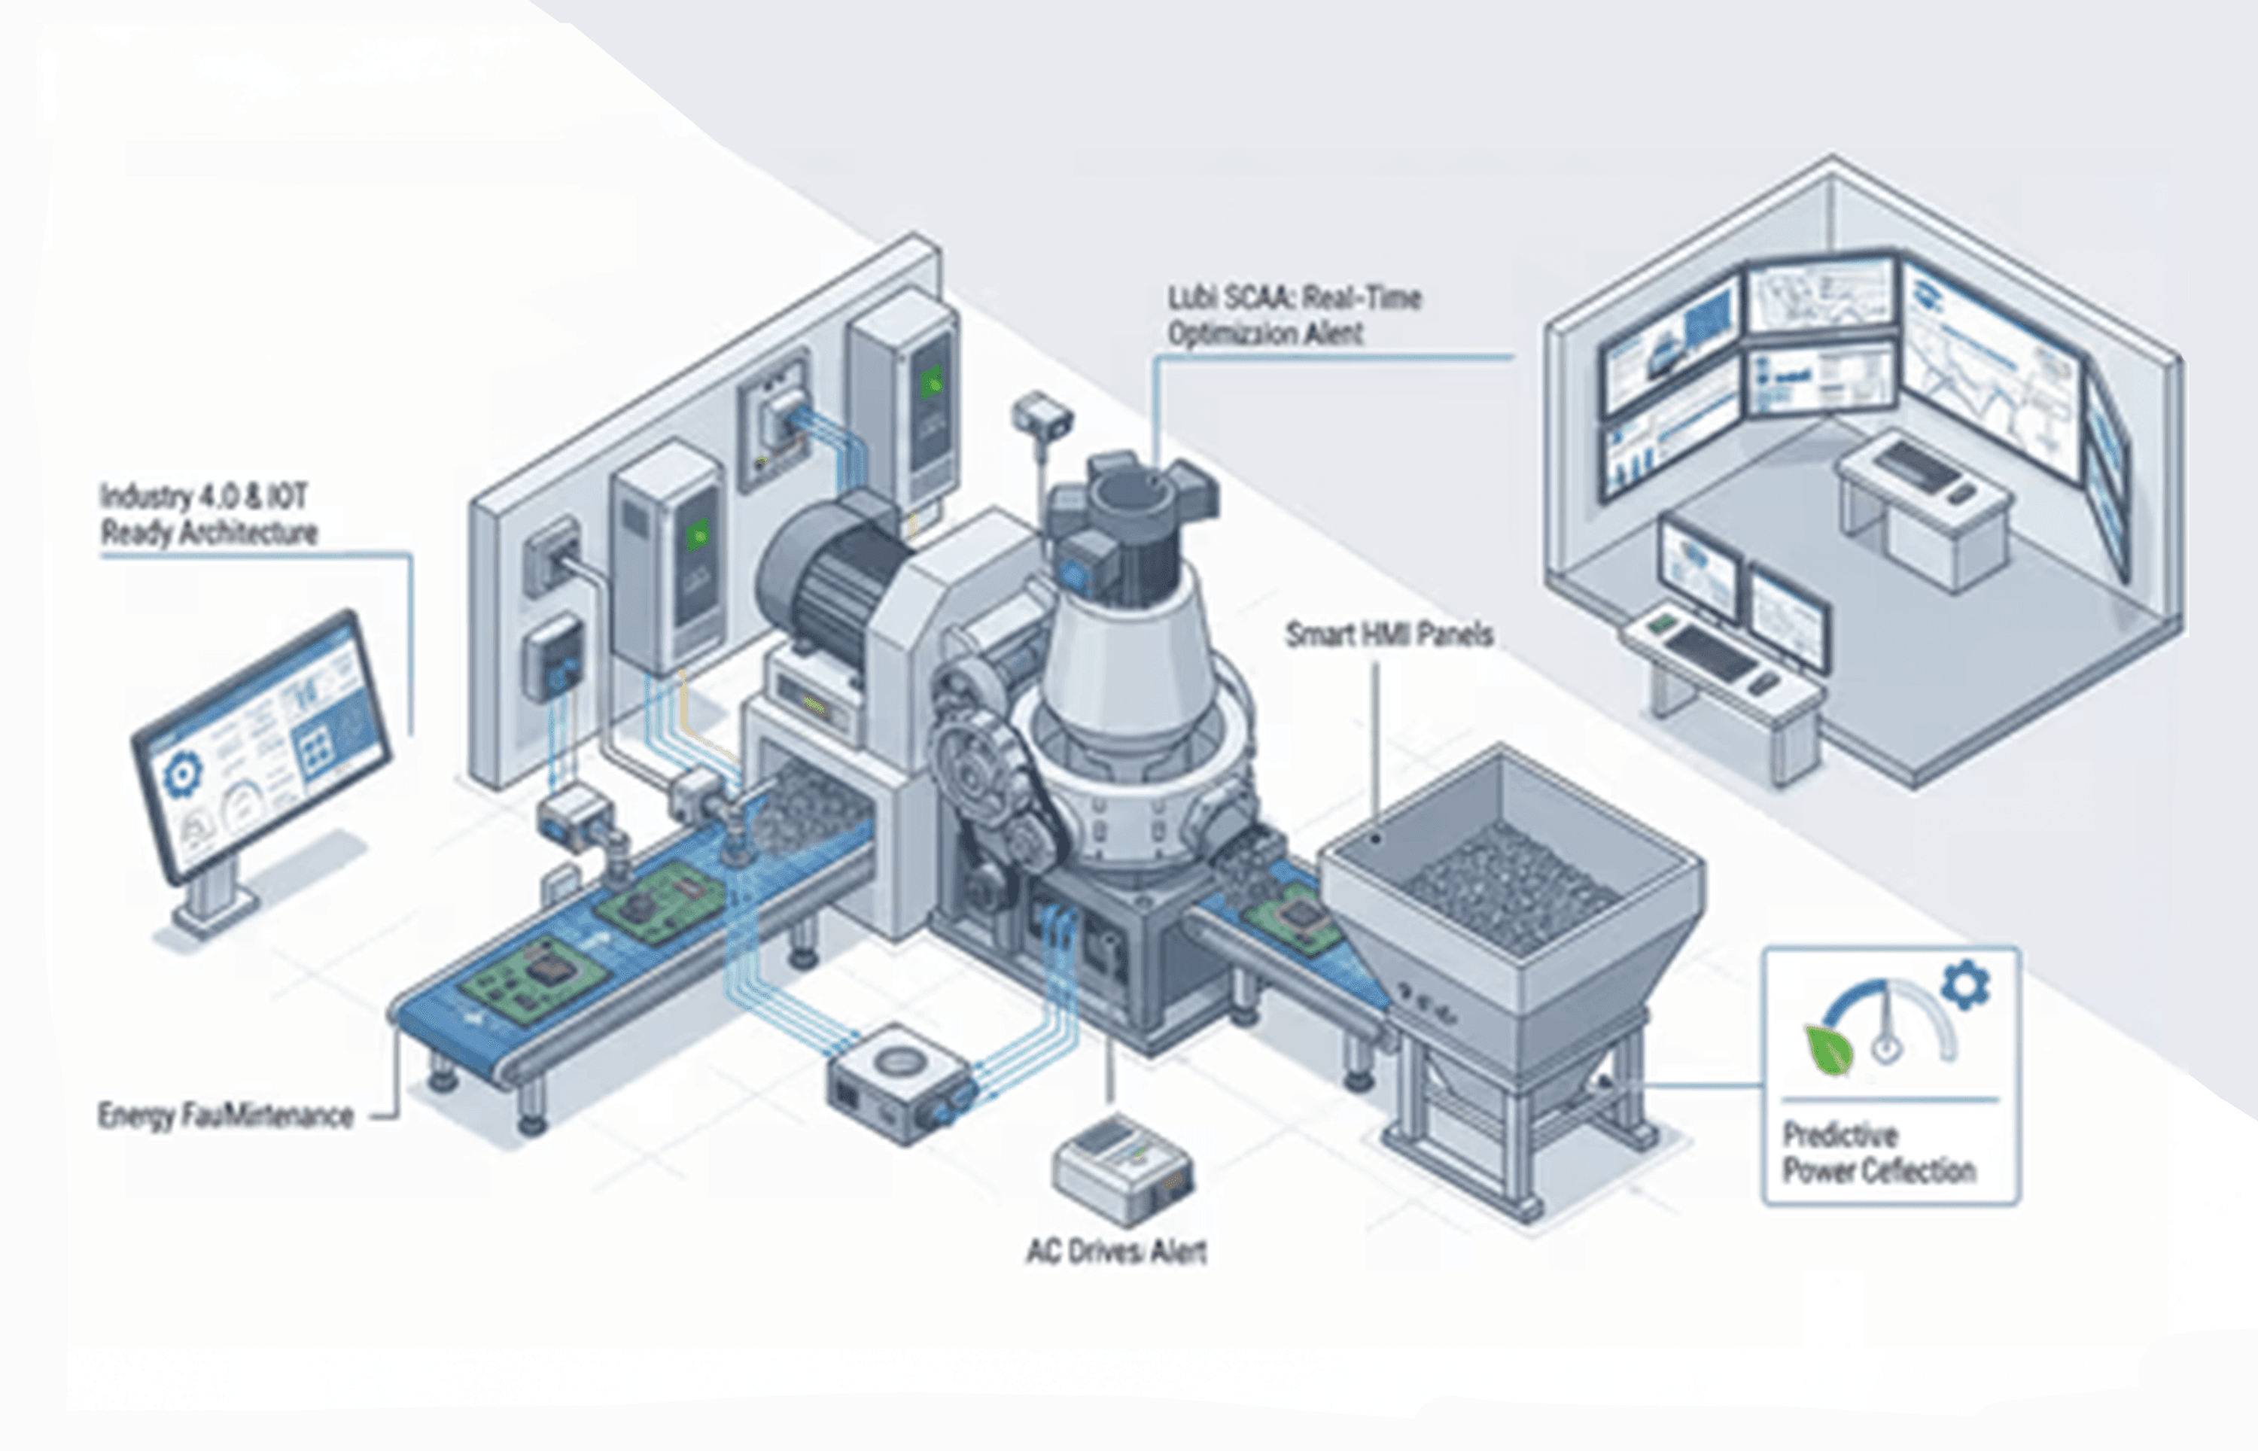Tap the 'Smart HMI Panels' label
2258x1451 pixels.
[1389, 635]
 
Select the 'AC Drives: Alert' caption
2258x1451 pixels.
[1115, 1252]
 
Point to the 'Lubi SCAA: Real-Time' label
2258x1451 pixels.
[1293, 299]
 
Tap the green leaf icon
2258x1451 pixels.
[1828, 1048]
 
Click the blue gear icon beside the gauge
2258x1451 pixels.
[1965, 984]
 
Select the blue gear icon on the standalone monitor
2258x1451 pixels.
[182, 774]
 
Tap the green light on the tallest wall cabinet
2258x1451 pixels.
[932, 382]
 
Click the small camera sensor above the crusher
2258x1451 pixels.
[1041, 415]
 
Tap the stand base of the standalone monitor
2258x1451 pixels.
[215, 905]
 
